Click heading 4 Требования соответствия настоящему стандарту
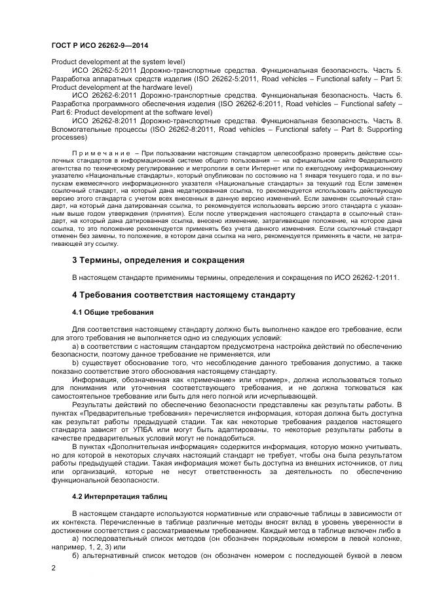[183, 295]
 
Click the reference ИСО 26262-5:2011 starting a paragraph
[104, 69]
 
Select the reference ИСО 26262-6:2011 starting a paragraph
[104, 95]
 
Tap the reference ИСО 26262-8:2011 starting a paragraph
[104, 121]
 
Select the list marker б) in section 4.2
[75, 555]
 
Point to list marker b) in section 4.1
[75, 361]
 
